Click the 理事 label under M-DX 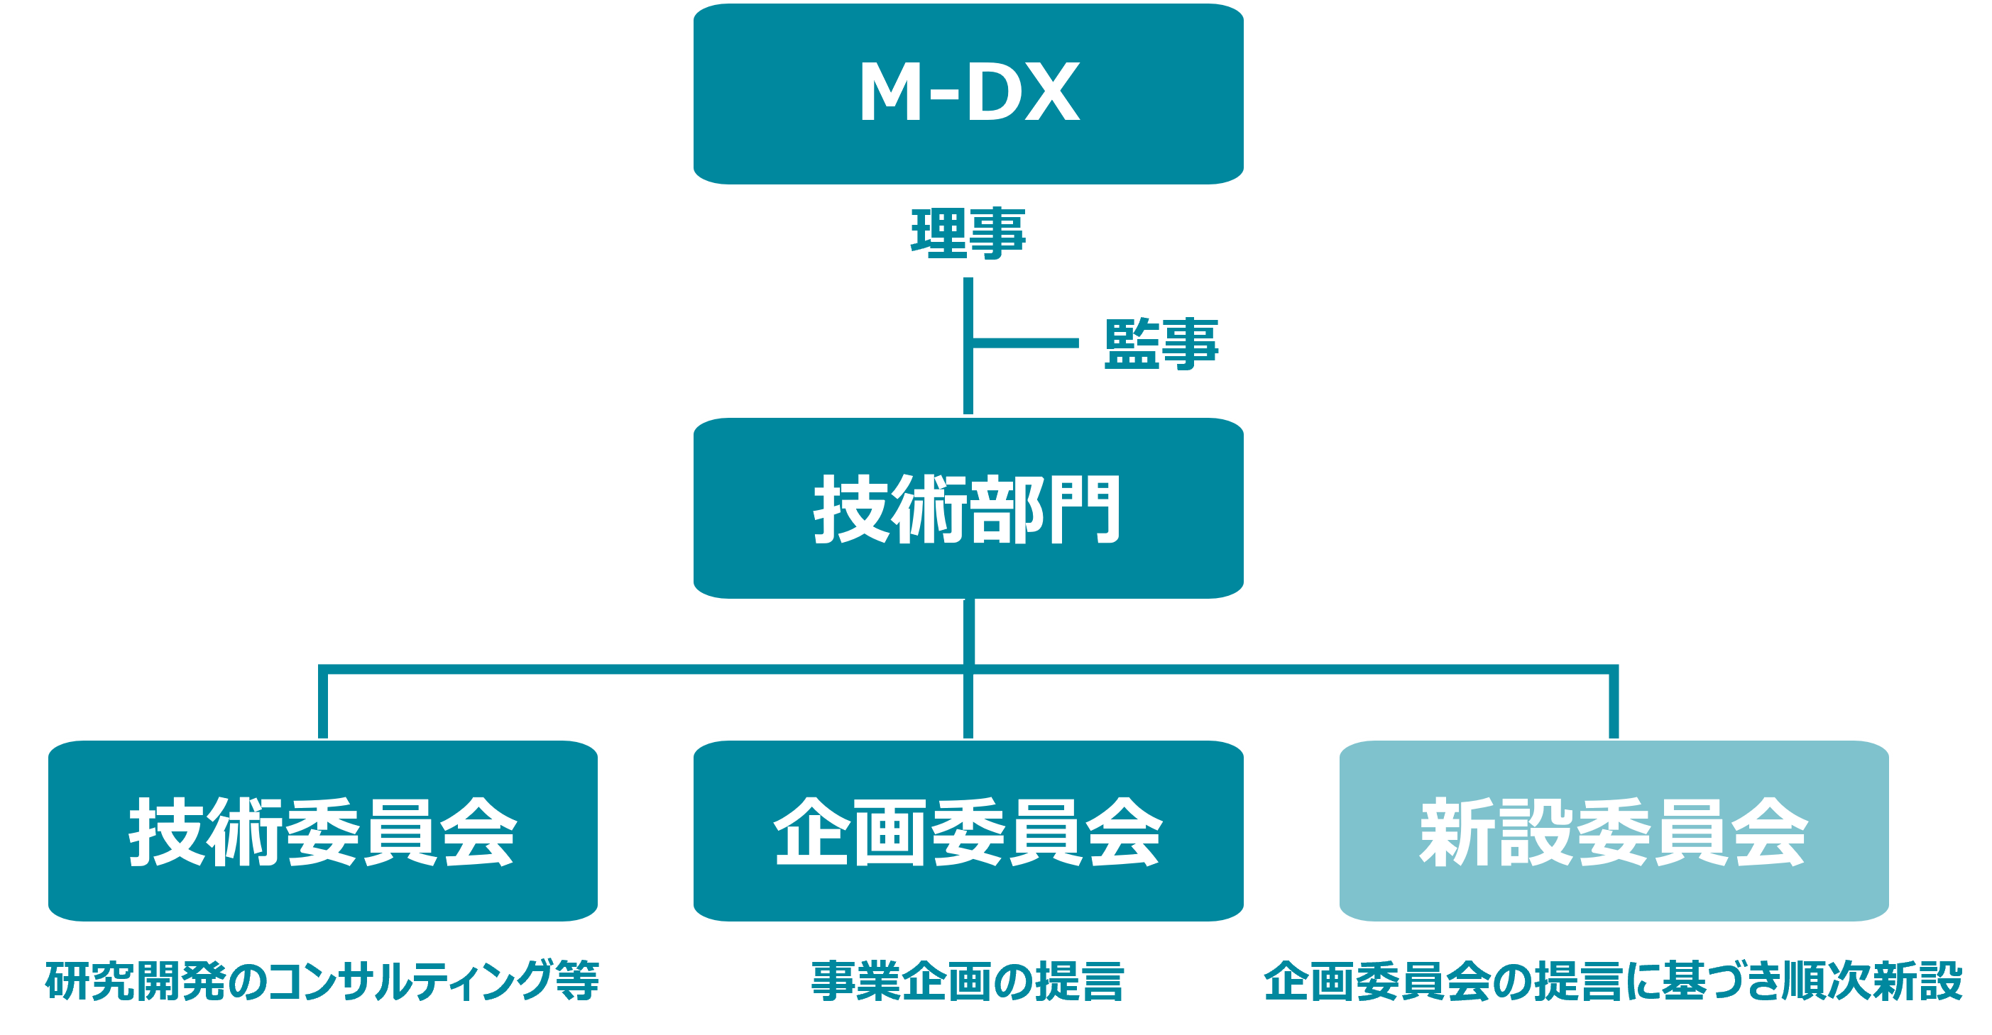click(968, 232)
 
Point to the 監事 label click(1161, 343)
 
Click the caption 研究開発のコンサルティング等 click(322, 980)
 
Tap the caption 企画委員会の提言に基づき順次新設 click(1613, 981)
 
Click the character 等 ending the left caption click(577, 980)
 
